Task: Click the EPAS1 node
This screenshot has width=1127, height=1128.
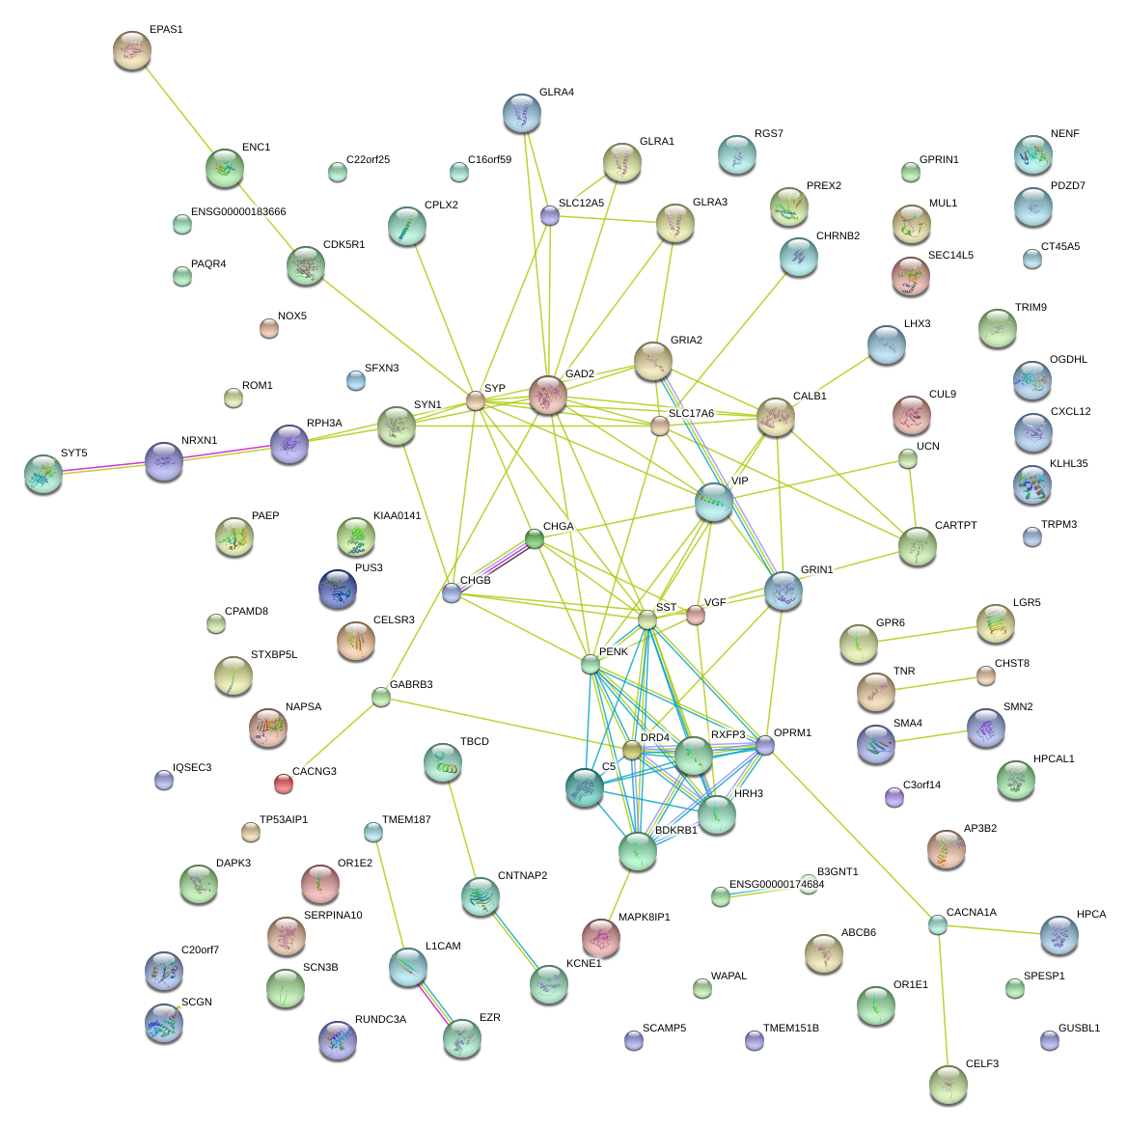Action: (x=132, y=50)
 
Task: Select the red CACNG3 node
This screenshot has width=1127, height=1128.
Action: (x=283, y=784)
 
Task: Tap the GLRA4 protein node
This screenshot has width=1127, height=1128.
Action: (x=522, y=113)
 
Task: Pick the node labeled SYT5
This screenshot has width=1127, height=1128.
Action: (x=43, y=474)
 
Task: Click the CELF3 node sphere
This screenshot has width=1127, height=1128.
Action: (x=948, y=1086)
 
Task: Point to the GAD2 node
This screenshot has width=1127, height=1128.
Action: (x=548, y=396)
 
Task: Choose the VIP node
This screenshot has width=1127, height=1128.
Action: (x=714, y=503)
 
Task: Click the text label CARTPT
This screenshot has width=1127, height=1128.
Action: (x=955, y=526)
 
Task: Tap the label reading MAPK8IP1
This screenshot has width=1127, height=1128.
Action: (x=644, y=917)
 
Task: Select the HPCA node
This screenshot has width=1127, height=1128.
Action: (x=1059, y=934)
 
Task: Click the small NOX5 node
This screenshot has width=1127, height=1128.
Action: (x=269, y=329)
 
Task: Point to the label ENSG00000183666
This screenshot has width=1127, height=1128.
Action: (x=237, y=212)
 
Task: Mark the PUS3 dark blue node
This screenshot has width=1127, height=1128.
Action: (x=338, y=590)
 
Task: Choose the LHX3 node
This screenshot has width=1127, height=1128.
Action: (x=887, y=345)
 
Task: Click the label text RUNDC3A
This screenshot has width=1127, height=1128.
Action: (x=380, y=1019)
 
